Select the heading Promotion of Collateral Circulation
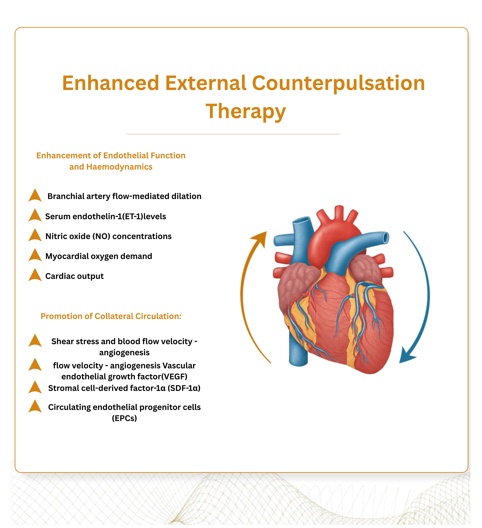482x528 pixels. (x=111, y=316)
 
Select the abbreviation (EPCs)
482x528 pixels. (x=124, y=418)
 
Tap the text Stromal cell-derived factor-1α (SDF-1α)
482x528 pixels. (x=124, y=388)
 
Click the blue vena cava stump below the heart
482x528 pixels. (x=298, y=351)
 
